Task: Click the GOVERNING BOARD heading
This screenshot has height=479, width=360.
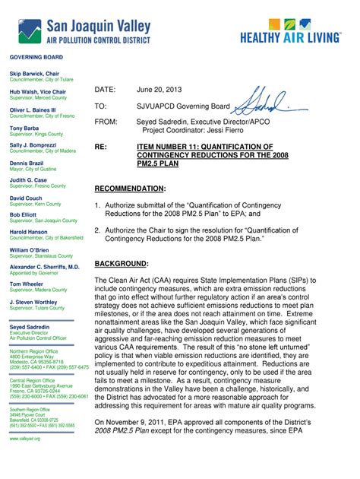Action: coord(35,58)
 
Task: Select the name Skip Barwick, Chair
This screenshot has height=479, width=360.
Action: coord(34,74)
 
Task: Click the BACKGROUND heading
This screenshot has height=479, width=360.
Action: coord(122,264)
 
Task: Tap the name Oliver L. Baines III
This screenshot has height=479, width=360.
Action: coord(33,109)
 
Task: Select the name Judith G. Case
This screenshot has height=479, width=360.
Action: coord(29,180)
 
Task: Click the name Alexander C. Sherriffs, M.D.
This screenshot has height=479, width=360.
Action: coord(44,268)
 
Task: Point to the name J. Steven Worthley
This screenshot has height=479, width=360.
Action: coord(33,303)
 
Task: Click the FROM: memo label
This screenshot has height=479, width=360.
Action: coord(106,122)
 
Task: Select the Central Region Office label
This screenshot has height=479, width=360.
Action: coord(33,381)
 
